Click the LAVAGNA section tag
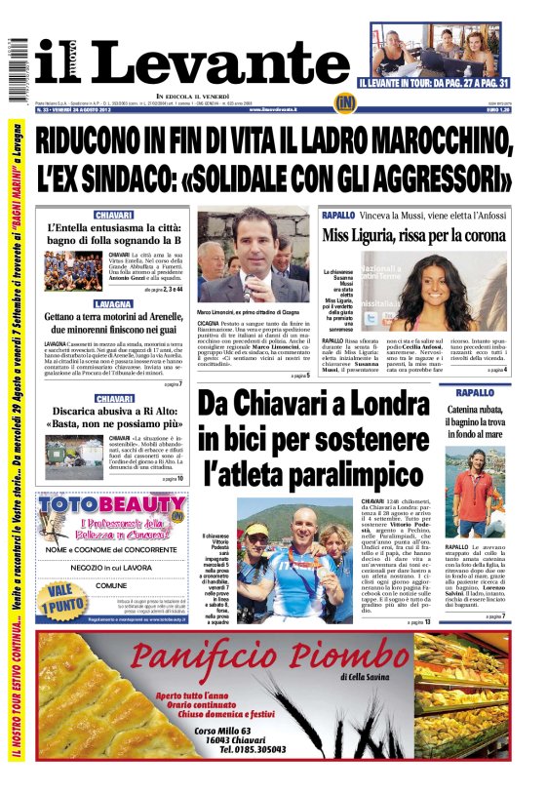tap(114, 304)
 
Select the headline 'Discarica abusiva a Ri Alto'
tap(114, 417)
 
